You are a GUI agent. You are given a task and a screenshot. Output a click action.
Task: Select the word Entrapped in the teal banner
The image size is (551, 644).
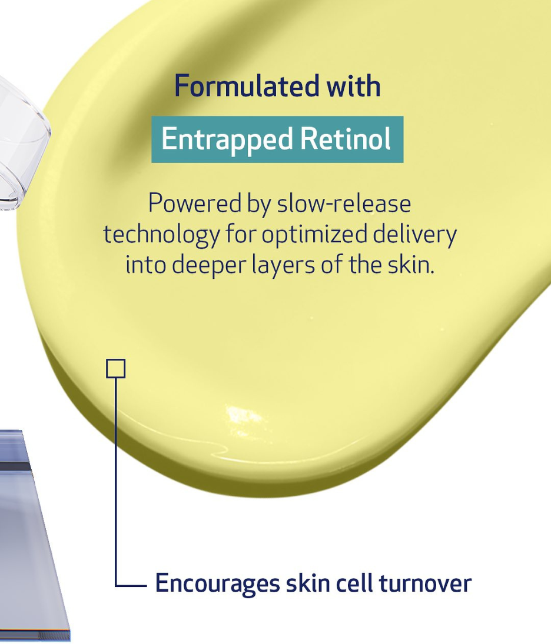pyautogui.click(x=227, y=139)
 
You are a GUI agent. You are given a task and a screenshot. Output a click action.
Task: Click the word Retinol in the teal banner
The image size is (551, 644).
pyautogui.click(x=346, y=139)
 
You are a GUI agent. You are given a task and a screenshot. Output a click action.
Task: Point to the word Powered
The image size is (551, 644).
pyautogui.click(x=194, y=203)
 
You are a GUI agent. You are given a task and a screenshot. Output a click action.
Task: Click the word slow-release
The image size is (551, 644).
pyautogui.click(x=344, y=203)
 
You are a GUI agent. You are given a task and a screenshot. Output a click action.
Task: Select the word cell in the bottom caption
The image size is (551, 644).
pyautogui.click(x=354, y=582)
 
